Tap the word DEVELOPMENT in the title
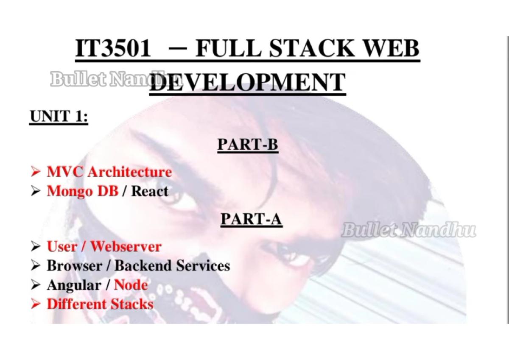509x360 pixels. coord(247,82)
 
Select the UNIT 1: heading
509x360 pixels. coord(59,116)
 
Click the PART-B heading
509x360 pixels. coord(248,144)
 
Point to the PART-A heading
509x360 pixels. coord(251,219)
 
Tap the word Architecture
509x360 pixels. coord(129,172)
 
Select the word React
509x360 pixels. coord(150,191)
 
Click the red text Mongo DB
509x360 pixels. coord(82,191)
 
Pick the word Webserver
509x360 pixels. coord(126,246)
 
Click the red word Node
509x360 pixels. coord(131,285)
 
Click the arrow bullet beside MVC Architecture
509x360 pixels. coord(35,172)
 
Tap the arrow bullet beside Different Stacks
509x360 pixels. coord(35,304)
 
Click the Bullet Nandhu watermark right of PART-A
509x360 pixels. coord(408,231)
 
